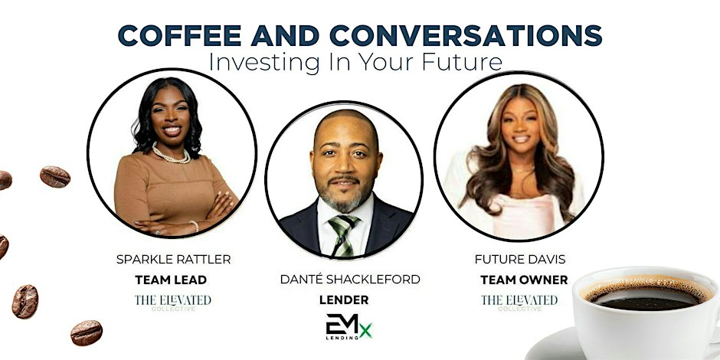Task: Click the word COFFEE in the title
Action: point(179,35)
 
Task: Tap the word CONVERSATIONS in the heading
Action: point(466,35)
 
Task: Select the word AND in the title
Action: point(285,35)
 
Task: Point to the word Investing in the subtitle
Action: point(264,63)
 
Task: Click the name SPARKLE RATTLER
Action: point(174,260)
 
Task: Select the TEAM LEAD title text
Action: point(171,280)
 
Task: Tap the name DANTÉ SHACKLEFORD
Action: point(350,279)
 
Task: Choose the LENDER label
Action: point(344,300)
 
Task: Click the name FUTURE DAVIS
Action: point(520,260)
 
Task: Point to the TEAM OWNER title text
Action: point(524,280)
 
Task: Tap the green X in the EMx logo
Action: point(366,330)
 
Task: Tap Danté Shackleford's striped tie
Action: point(343,234)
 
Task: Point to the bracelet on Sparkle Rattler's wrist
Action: point(195,226)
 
